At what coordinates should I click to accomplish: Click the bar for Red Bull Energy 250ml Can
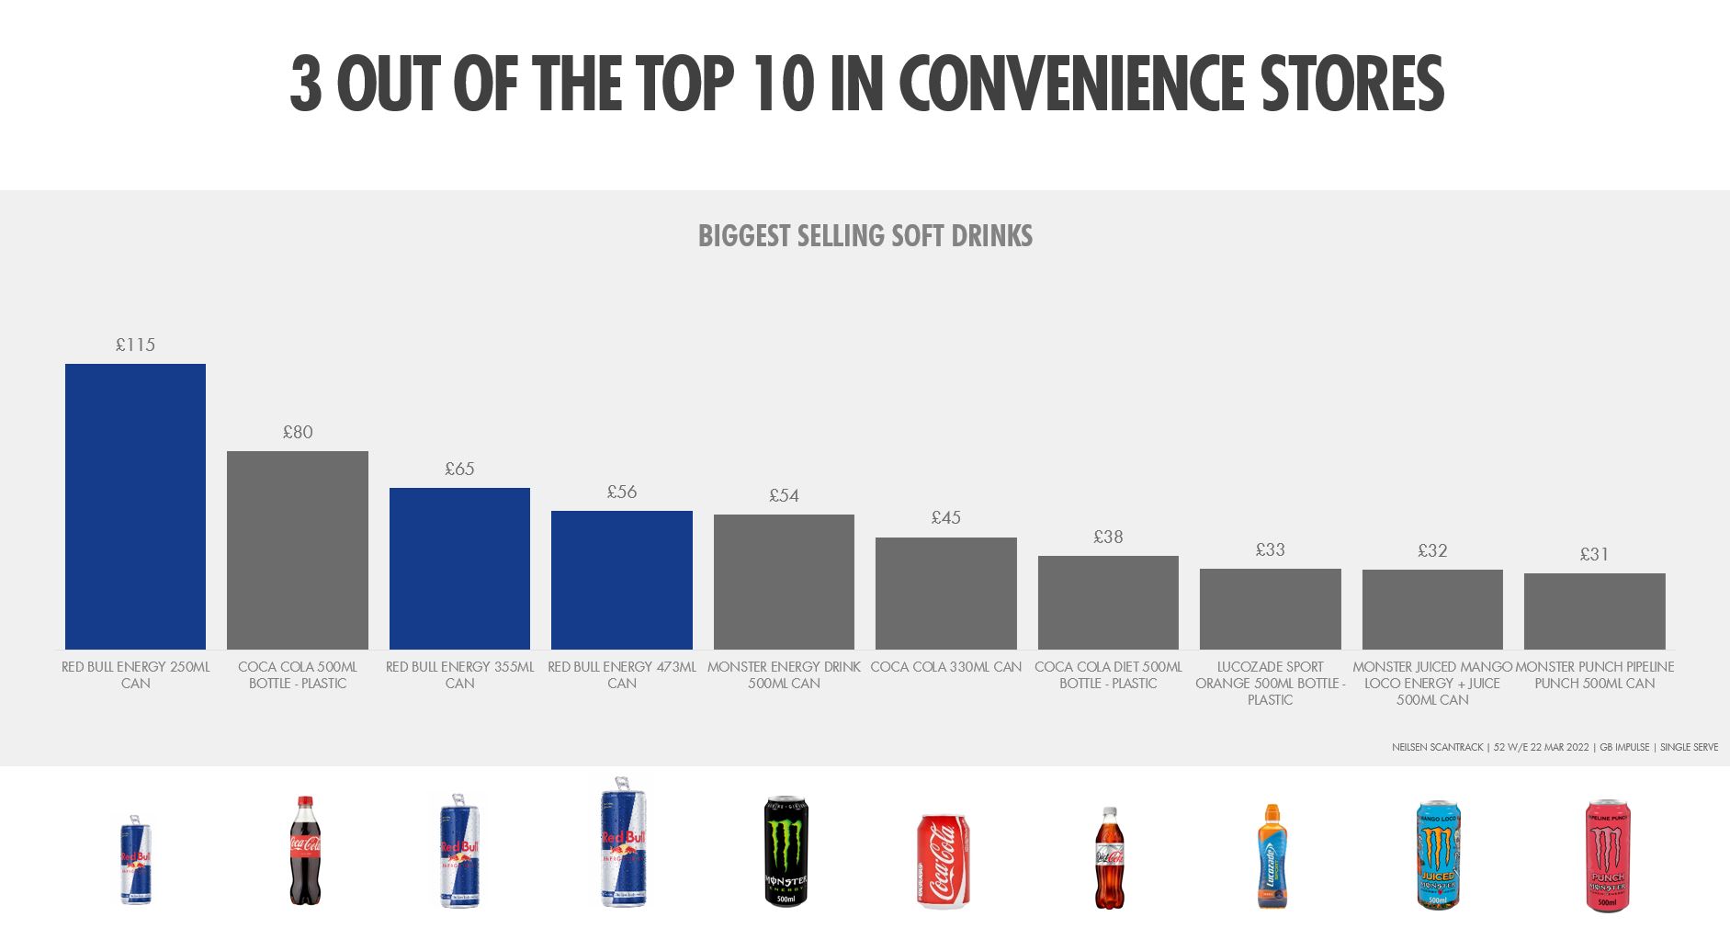pyautogui.click(x=135, y=506)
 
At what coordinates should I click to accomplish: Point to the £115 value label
pyautogui.click(x=135, y=345)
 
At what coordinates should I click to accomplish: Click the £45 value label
pyautogui.click(x=945, y=517)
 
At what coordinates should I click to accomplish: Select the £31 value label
pyautogui.click(x=1594, y=554)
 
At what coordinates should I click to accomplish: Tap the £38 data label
pyautogui.click(x=1108, y=537)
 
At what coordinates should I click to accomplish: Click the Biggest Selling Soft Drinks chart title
pyautogui.click(x=865, y=236)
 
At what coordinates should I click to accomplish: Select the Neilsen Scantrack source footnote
pyautogui.click(x=1554, y=747)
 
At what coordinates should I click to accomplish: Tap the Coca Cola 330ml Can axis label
pyautogui.click(x=945, y=667)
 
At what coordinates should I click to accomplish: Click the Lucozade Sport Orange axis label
pyautogui.click(x=1270, y=683)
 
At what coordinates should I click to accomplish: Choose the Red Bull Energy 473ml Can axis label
pyautogui.click(x=622, y=674)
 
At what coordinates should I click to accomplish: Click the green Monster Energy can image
pyautogui.click(x=786, y=851)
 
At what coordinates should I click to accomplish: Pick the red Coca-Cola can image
pyautogui.click(x=944, y=861)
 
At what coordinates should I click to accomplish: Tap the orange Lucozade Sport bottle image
pyautogui.click(x=1272, y=856)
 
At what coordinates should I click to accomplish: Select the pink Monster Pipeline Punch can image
pyautogui.click(x=1607, y=855)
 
